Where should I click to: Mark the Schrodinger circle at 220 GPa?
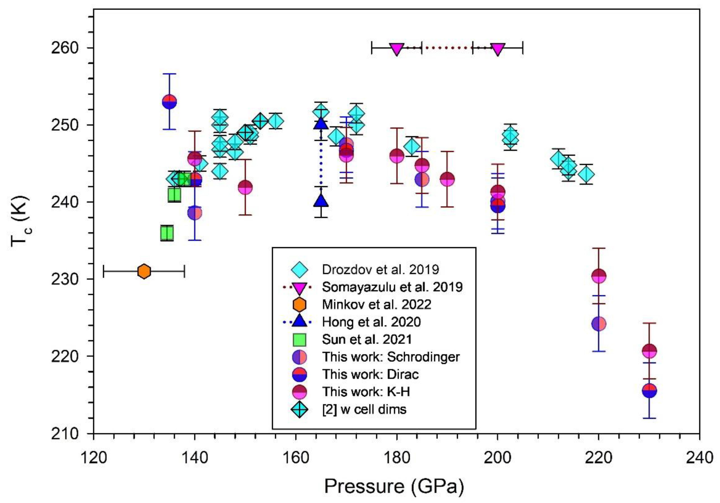pyautogui.click(x=599, y=324)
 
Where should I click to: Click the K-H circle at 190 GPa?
pyautogui.click(x=447, y=179)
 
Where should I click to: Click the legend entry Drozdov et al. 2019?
pyautogui.click(x=380, y=269)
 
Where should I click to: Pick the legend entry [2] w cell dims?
pyautogui.click(x=364, y=409)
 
